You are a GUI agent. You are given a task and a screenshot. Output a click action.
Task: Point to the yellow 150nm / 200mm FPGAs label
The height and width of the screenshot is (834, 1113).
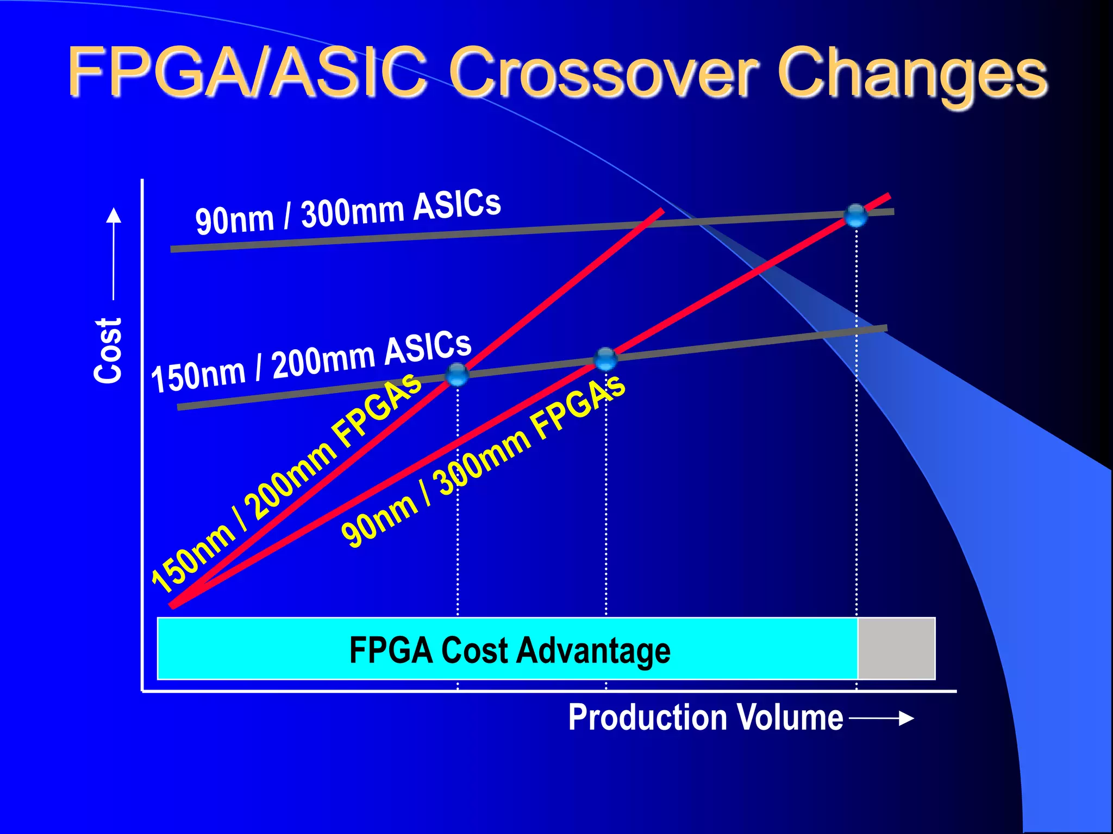285,483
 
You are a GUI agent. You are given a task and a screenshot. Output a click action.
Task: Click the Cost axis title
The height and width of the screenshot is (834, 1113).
108,351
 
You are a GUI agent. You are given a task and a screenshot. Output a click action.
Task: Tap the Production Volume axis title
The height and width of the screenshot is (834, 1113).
705,717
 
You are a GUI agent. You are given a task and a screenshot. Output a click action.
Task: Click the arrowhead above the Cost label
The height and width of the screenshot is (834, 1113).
114,216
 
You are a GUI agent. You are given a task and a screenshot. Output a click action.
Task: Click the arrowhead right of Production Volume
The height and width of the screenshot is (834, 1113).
906,718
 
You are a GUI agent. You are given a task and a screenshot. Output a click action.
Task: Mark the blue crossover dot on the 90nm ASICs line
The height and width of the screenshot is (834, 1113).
856,216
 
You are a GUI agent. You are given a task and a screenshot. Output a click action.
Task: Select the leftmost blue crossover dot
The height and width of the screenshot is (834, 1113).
457,374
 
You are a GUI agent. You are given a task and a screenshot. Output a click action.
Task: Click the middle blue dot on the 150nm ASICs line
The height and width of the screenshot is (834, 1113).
605,358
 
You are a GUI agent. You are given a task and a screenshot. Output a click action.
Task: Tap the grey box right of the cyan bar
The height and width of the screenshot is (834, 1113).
896,648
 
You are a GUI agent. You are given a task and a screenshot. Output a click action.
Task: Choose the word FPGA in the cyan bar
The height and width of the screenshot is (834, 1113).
390,650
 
